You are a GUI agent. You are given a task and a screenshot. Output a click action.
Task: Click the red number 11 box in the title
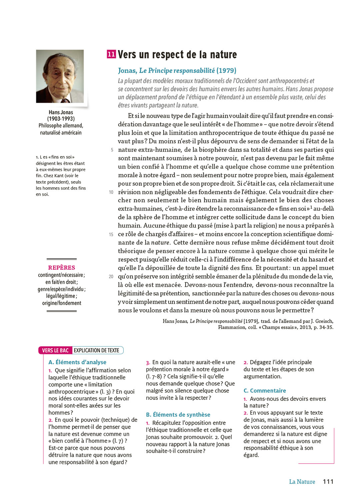pyautogui.click(x=111, y=54)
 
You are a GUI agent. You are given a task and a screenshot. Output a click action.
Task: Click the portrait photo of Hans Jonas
pyautogui.click(x=60, y=76)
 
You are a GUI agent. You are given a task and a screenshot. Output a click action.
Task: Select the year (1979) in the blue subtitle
pyautogui.click(x=226, y=70)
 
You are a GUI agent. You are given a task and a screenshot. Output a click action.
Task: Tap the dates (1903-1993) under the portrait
pyautogui.click(x=61, y=119)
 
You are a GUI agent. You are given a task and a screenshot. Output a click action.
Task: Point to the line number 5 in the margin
pyautogui.click(x=112, y=150)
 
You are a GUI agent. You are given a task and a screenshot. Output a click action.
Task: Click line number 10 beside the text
pyautogui.click(x=111, y=192)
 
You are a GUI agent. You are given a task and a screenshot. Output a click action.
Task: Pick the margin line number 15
pyautogui.click(x=111, y=234)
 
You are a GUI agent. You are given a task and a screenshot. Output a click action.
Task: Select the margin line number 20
pyautogui.click(x=111, y=277)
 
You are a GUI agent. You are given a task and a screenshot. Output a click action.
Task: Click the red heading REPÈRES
pyautogui.click(x=62, y=268)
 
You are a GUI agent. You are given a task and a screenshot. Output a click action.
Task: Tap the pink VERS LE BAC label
pyautogui.click(x=55, y=350)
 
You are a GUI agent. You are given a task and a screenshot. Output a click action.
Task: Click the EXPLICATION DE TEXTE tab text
pyautogui.click(x=96, y=350)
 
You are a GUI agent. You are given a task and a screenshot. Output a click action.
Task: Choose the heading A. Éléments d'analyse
pyautogui.click(x=77, y=362)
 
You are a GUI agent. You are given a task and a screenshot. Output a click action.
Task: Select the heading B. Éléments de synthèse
pyautogui.click(x=178, y=415)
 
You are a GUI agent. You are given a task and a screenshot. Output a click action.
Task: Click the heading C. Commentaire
pyautogui.click(x=265, y=391)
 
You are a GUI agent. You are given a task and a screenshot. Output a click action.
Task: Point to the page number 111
pyautogui.click(x=328, y=481)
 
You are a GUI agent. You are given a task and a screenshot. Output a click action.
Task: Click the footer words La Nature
pyautogui.click(x=302, y=482)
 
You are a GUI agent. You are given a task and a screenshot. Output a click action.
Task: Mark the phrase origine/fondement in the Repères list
pyautogui.click(x=62, y=303)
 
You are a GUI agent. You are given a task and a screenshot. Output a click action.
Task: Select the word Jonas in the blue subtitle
pyautogui.click(x=127, y=70)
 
